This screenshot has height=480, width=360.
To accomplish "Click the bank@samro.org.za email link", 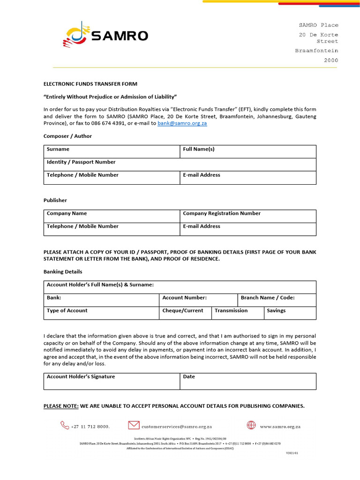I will (x=182, y=123).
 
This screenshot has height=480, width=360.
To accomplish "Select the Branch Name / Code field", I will (x=277, y=300).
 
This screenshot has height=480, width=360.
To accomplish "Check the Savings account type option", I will (x=290, y=313).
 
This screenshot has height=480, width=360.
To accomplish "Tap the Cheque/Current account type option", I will (x=185, y=313).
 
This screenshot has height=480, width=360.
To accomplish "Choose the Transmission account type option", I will (x=237, y=313).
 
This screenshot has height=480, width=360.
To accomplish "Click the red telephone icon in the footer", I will (x=64, y=425).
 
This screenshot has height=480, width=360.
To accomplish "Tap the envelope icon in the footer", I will (x=134, y=425).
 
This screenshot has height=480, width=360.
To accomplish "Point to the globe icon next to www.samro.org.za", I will (x=251, y=425).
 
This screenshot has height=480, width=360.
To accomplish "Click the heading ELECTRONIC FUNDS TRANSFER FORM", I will (x=90, y=84).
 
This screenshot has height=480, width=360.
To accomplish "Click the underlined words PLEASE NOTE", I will (x=61, y=406).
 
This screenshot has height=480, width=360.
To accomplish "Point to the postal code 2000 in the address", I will (x=330, y=60).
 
